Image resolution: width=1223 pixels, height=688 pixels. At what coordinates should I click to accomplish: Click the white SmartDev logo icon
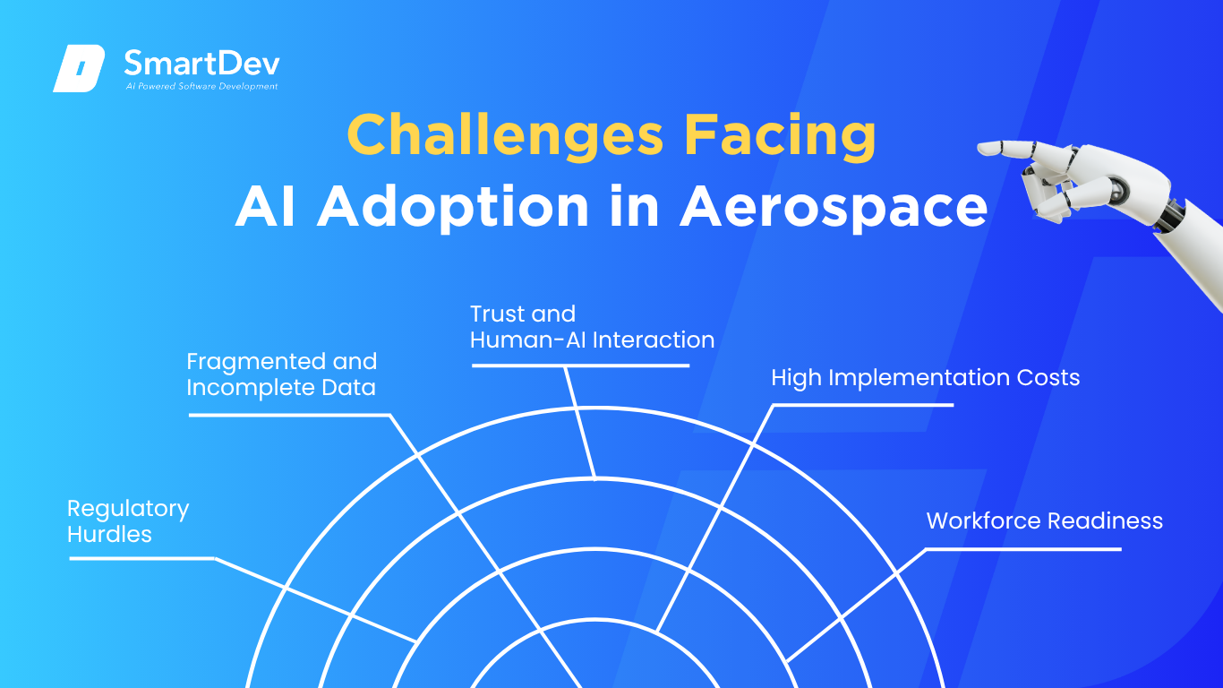point(79,68)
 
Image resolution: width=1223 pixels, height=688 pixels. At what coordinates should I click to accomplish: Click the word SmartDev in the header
point(202,64)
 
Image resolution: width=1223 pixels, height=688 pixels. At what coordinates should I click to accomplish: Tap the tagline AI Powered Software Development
point(202,86)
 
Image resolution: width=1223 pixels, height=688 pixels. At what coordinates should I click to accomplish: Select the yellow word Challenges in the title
point(505,135)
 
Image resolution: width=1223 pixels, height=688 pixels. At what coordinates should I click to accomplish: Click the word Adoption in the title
point(453,208)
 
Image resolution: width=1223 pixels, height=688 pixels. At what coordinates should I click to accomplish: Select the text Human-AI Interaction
point(593,340)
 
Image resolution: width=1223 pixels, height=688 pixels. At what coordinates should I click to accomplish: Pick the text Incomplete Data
point(281,388)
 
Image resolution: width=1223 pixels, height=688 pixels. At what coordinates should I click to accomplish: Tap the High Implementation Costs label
point(926,378)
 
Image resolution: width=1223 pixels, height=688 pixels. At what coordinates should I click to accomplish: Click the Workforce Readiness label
point(1045,520)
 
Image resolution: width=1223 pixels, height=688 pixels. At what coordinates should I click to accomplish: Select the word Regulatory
point(128,510)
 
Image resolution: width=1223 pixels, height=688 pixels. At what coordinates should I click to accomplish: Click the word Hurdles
point(109,535)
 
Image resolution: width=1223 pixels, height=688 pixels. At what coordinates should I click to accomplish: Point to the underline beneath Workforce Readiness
point(1023,549)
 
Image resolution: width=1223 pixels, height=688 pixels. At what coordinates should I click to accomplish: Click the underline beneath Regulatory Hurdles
point(142,558)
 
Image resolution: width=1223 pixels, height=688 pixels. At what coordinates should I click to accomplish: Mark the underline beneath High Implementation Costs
point(863,405)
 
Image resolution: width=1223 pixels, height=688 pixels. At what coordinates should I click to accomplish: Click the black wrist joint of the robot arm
point(1172,216)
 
